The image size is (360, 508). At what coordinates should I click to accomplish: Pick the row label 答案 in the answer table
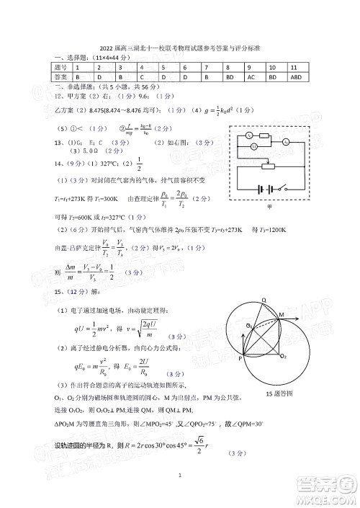[61, 76]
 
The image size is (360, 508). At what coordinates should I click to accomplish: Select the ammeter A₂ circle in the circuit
[286, 141]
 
